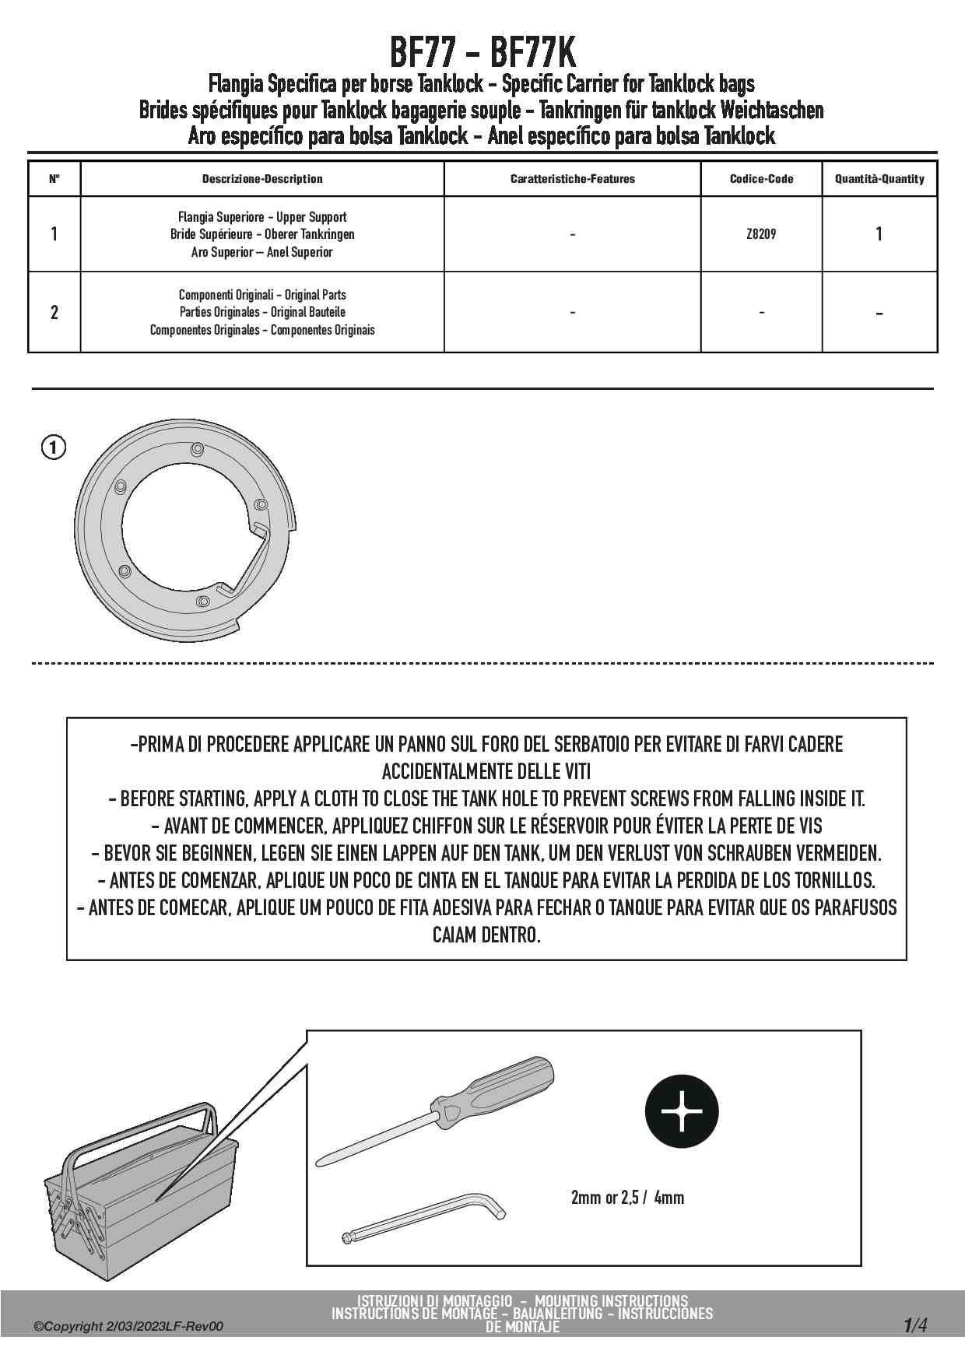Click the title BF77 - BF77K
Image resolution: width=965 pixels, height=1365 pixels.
click(x=482, y=53)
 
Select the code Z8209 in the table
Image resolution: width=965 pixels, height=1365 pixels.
click(x=761, y=234)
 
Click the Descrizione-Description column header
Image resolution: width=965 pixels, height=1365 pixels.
click(x=262, y=179)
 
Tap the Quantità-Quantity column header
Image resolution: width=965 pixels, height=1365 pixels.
click(x=879, y=179)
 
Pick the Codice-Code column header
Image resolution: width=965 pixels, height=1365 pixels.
click(x=761, y=179)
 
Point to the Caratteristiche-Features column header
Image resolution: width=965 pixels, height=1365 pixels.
click(x=572, y=179)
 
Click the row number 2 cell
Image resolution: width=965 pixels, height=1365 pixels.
click(x=54, y=312)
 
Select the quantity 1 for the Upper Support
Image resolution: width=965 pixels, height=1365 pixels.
click(x=879, y=234)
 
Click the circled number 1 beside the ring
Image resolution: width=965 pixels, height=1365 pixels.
click(x=54, y=447)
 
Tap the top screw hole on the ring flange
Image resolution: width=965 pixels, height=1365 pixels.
click(x=197, y=449)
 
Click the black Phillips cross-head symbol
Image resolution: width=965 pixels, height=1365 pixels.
click(x=682, y=1111)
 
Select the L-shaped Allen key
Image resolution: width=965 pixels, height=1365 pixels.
click(x=424, y=1219)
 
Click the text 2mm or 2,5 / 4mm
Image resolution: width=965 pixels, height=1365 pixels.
click(x=627, y=1198)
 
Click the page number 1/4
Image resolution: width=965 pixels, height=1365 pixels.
click(x=915, y=1325)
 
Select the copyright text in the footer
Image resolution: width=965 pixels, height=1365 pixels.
click(x=128, y=1326)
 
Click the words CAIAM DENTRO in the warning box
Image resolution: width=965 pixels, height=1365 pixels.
click(x=486, y=935)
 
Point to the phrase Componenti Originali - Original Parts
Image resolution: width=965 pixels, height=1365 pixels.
click(x=262, y=295)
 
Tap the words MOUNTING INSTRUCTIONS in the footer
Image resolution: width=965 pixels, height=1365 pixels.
click(x=611, y=1300)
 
